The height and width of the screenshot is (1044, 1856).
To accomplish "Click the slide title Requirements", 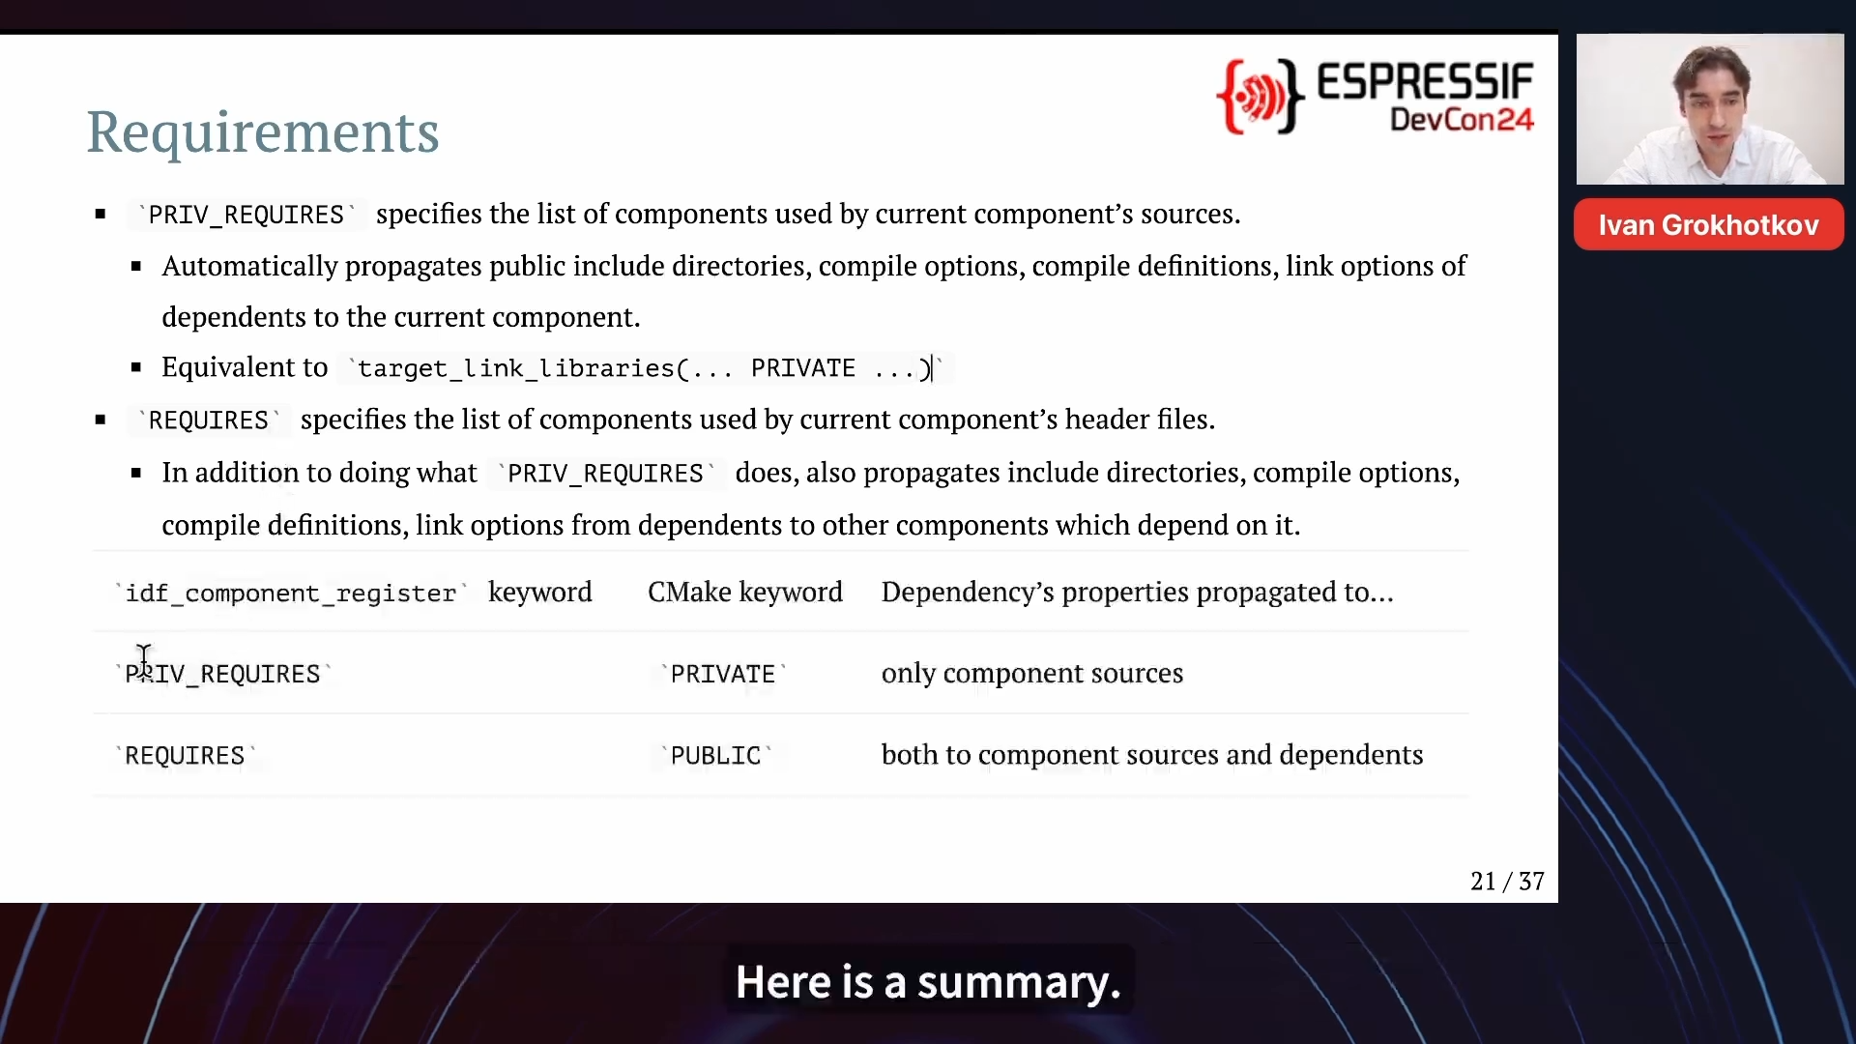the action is (x=263, y=132).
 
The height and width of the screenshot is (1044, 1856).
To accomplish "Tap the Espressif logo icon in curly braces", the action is (x=1261, y=96).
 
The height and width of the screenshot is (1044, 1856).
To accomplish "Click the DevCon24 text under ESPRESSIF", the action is (x=1462, y=120).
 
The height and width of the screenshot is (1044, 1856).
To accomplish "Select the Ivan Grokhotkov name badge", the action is (x=1709, y=225).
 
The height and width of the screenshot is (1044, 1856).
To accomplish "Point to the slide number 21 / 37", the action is (x=1507, y=882).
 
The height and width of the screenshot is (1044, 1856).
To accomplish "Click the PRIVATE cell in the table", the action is (x=723, y=674).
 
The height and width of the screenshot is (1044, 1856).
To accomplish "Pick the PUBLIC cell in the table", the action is (x=715, y=755).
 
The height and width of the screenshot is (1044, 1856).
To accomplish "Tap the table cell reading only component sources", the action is (x=1032, y=674).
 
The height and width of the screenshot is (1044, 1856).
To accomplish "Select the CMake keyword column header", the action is (x=745, y=592).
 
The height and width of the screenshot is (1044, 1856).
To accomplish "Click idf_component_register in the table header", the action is (x=291, y=593).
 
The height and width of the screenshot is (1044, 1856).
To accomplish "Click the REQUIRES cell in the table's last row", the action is (x=185, y=755).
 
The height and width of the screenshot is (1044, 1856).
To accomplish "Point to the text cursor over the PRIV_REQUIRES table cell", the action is (x=144, y=662).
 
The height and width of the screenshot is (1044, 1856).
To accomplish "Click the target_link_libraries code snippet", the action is (x=645, y=368).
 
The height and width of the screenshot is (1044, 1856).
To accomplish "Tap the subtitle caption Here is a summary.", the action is (x=928, y=982).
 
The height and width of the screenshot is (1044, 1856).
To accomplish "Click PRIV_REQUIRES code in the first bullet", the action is (x=246, y=215).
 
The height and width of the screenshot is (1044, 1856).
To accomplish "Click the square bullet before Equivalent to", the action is (x=136, y=367).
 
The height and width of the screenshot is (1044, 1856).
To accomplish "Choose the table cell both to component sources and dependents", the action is (x=1152, y=755).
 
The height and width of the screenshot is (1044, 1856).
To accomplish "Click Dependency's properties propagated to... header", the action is (x=1138, y=592).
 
